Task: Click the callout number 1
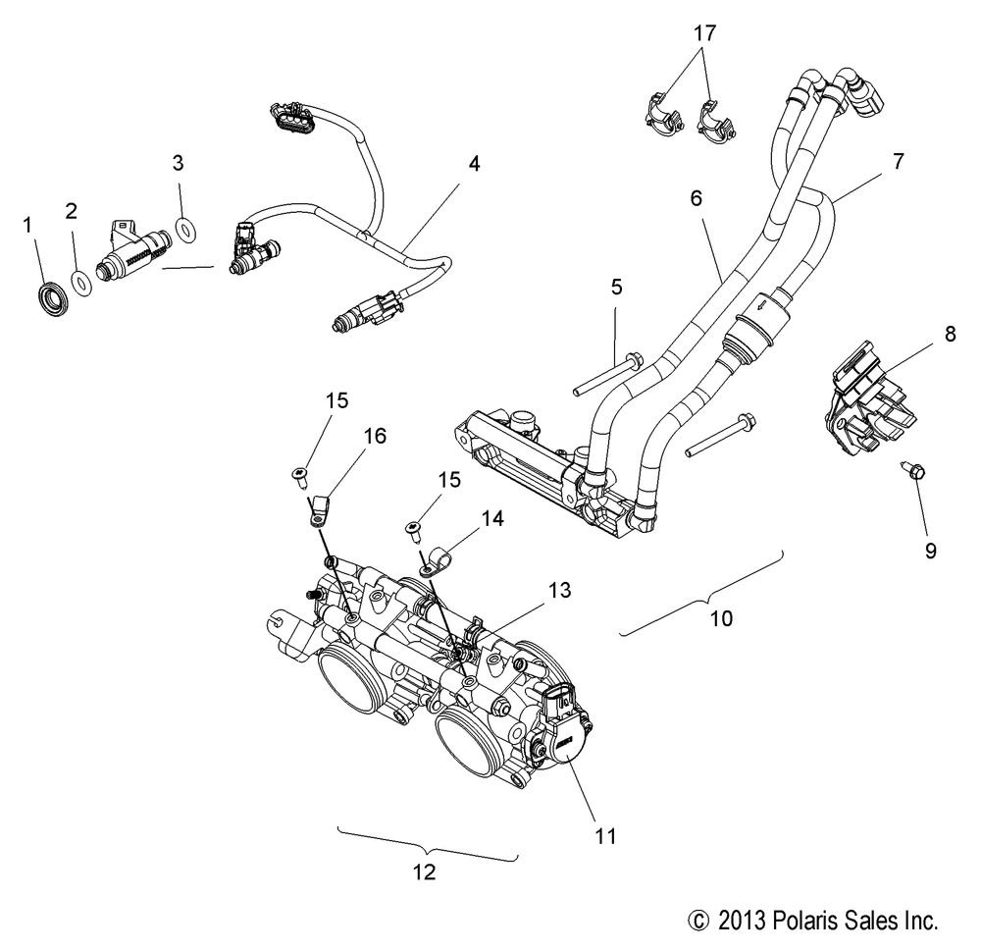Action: pyautogui.click(x=27, y=225)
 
